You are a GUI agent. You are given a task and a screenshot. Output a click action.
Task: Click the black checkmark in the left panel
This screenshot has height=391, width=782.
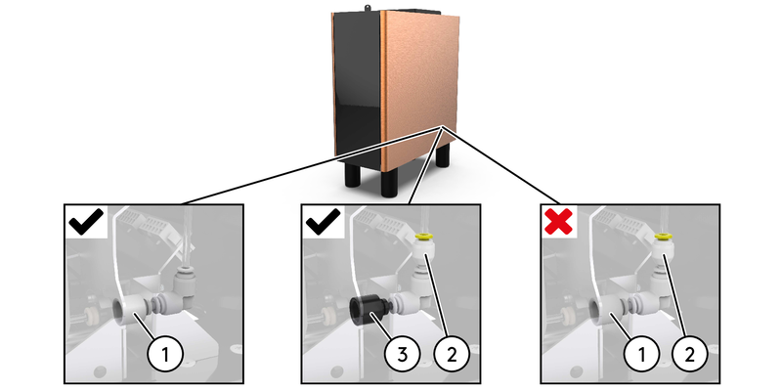click(86, 223)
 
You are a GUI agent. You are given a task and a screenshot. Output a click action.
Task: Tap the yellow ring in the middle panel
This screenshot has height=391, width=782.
click(423, 236)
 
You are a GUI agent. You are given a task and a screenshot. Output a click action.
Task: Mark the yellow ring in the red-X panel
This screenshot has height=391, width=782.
click(663, 236)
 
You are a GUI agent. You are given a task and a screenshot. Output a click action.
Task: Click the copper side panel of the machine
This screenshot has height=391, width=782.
click(419, 88)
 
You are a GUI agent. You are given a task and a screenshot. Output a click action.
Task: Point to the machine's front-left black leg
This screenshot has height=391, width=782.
click(349, 175)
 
